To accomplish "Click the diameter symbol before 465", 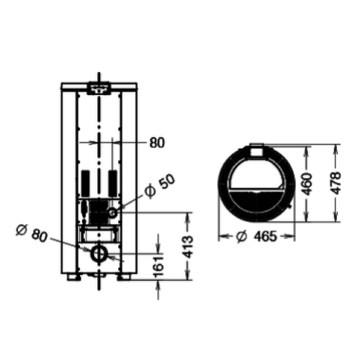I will [x=241, y=235].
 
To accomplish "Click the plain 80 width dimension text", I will [x=157, y=143].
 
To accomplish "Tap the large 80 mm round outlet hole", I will [x=99, y=253].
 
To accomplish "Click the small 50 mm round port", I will [x=113, y=213].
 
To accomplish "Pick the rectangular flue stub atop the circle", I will [x=257, y=150].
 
